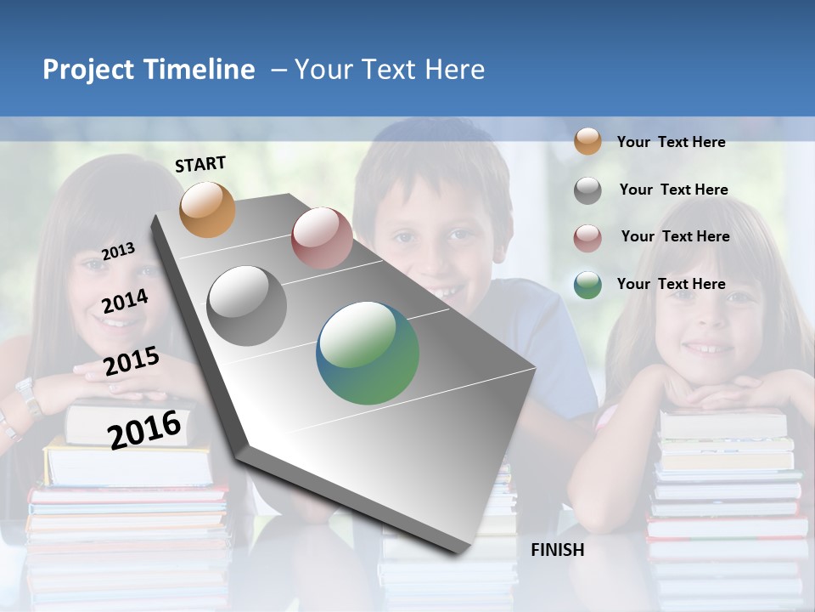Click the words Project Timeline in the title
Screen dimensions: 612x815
(x=149, y=70)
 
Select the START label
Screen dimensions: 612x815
(x=200, y=164)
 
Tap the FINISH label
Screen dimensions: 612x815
(x=558, y=550)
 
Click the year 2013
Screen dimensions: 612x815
(x=119, y=251)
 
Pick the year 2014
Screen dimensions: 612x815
(x=126, y=301)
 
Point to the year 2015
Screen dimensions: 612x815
(x=132, y=361)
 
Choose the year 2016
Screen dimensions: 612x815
(x=145, y=428)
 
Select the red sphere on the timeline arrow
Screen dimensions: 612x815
(x=322, y=238)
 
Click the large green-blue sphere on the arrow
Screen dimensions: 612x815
(x=368, y=353)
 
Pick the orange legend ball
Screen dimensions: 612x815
(x=587, y=141)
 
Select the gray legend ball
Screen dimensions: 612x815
(x=587, y=190)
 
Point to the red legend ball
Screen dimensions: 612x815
(x=587, y=238)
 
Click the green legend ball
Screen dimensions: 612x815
(x=587, y=285)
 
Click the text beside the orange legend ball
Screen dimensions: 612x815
(x=671, y=142)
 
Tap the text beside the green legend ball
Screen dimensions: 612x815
(x=671, y=284)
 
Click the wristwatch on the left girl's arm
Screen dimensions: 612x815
(x=28, y=395)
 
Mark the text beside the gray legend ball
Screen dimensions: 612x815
(x=673, y=190)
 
